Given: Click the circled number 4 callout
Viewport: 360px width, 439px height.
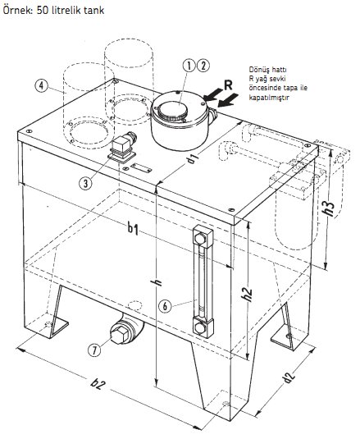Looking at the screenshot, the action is pos(42,85).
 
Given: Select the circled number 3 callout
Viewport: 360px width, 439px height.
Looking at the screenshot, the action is pos(85,183).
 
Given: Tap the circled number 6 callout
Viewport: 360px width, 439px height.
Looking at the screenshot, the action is pos(165,306).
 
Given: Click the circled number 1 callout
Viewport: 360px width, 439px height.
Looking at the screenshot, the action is pos(189,66).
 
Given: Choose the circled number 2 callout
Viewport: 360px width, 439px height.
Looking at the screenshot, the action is pos(203,66).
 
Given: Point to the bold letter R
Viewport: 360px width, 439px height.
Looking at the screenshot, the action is pos(228,85).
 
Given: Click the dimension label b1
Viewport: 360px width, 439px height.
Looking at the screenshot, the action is pos(133,229).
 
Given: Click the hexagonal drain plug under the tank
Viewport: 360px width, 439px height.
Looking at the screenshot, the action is pos(121,335).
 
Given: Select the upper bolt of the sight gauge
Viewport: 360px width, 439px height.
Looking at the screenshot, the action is pos(200,238).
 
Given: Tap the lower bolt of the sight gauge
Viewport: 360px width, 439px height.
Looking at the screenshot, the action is pos(200,328).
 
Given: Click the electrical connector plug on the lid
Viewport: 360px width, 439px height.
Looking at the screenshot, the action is pos(122,148).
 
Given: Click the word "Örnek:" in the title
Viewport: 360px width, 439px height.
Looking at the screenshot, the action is pos(18,10).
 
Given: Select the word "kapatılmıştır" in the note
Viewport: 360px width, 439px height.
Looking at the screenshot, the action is pos(269,98).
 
